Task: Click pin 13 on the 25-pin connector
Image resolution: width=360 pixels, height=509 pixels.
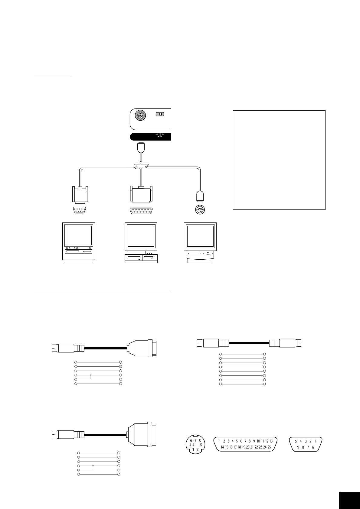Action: click(271, 441)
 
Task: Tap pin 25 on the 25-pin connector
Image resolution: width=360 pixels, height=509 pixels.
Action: click(269, 447)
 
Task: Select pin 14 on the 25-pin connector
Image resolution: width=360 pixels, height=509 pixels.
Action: click(222, 447)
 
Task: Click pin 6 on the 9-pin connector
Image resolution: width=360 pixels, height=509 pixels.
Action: click(313, 447)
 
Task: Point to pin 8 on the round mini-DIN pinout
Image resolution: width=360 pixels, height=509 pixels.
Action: click(200, 441)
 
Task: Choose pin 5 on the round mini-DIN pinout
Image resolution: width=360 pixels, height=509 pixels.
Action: click(201, 445)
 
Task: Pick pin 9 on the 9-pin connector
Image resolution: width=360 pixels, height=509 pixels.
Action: click(298, 447)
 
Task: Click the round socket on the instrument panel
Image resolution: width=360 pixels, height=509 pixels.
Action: click(140, 115)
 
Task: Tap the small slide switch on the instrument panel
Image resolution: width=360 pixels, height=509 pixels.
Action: click(159, 114)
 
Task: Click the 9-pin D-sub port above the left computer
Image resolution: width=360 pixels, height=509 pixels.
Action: click(79, 210)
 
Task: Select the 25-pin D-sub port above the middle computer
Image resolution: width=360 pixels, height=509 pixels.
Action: click(141, 211)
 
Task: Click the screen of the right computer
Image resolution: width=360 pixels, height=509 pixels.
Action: click(200, 236)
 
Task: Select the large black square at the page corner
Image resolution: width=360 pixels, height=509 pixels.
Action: click(349, 498)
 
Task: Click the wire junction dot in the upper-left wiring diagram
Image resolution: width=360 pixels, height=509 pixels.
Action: click(90, 375)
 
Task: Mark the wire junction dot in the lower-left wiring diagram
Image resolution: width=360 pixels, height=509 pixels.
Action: click(93, 466)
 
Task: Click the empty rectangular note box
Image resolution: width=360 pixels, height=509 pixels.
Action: click(279, 160)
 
